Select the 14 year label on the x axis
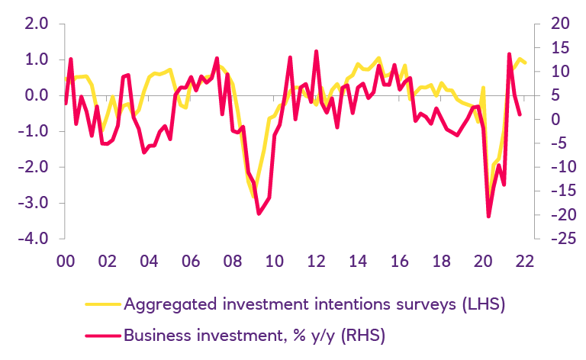click(x=357, y=260)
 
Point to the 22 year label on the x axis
click(x=524, y=260)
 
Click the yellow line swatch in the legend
click(x=99, y=305)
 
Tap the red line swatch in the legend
click(x=99, y=334)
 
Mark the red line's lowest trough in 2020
click(x=488, y=217)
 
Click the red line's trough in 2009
click(x=259, y=214)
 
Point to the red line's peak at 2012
click(x=316, y=52)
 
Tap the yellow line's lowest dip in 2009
click(x=254, y=197)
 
